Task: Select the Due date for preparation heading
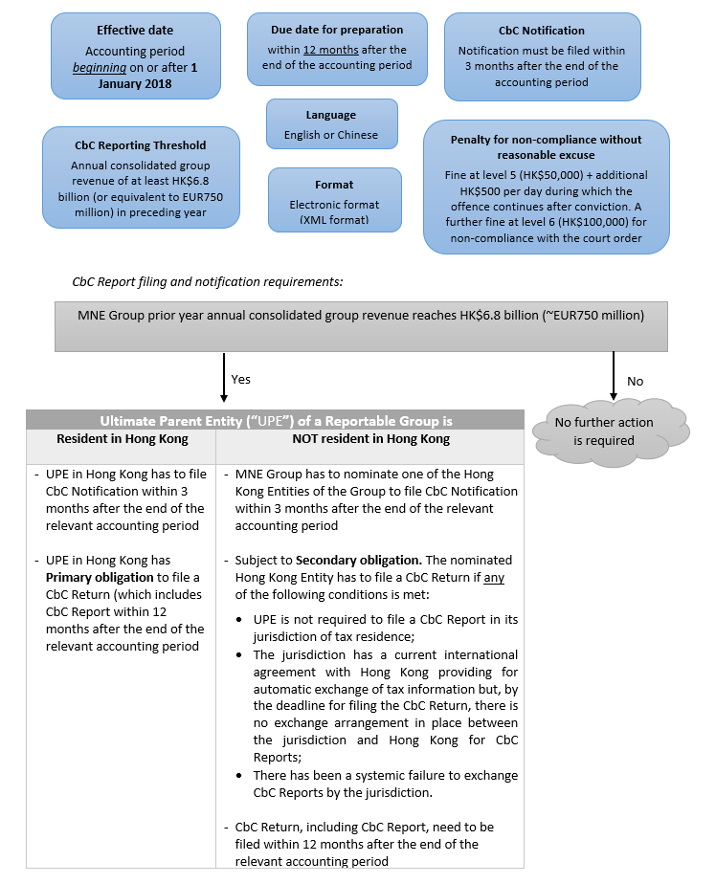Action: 336,30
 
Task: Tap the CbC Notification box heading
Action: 542,31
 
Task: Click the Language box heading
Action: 331,115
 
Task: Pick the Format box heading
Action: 334,185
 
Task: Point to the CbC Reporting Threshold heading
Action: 140,145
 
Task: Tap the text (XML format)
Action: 335,220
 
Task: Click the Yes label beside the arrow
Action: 241,379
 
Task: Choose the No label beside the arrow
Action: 636,381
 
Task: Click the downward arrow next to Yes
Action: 223,377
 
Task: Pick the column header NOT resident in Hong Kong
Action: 369,439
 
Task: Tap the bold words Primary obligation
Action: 92,577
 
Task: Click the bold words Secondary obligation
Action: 356,560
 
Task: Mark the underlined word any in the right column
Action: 494,578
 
